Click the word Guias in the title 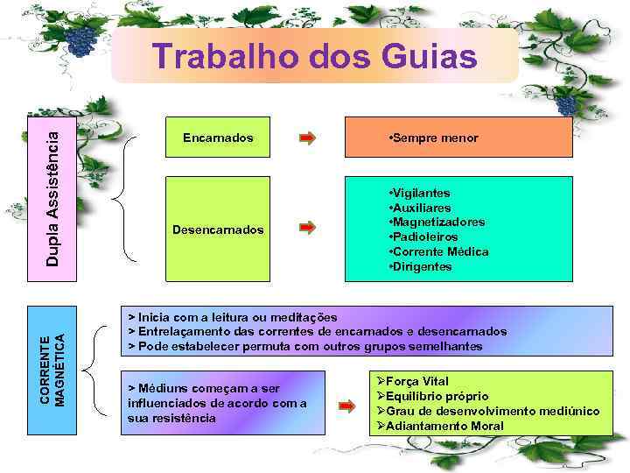tap(430, 57)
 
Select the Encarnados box tap(218, 138)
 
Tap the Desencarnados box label tap(218, 229)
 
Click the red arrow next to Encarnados tap(307, 138)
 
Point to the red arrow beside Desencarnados tap(307, 229)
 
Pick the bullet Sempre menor tap(432, 138)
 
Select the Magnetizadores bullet tap(437, 222)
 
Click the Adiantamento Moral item tap(444, 426)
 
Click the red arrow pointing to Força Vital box tap(346, 406)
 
